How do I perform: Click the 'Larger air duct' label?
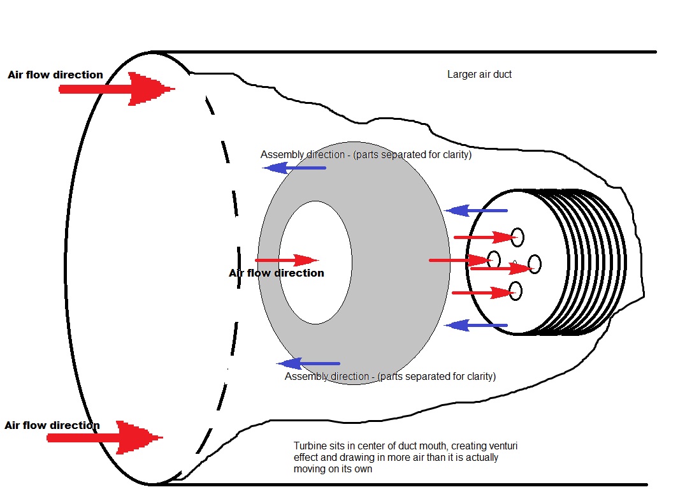click(479, 75)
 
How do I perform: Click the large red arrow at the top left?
click(117, 89)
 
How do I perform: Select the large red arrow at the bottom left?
click(105, 437)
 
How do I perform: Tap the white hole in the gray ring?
click(315, 262)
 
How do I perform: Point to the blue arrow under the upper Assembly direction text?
click(294, 168)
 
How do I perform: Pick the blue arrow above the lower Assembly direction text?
click(308, 363)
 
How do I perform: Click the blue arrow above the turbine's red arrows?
click(475, 211)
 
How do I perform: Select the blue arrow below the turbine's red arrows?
click(475, 325)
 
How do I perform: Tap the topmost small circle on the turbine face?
click(517, 237)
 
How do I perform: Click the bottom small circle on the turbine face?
click(516, 291)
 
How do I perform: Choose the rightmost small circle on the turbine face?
click(535, 264)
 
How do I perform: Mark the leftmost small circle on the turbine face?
click(494, 259)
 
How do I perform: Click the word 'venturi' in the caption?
click(501, 446)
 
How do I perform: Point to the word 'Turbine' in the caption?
click(310, 446)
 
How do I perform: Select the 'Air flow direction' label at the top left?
click(55, 75)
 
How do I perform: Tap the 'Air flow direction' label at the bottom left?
click(52, 425)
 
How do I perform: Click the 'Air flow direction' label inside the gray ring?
click(277, 273)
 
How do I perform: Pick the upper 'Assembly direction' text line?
click(366, 154)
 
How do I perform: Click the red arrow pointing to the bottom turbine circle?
click(484, 293)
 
